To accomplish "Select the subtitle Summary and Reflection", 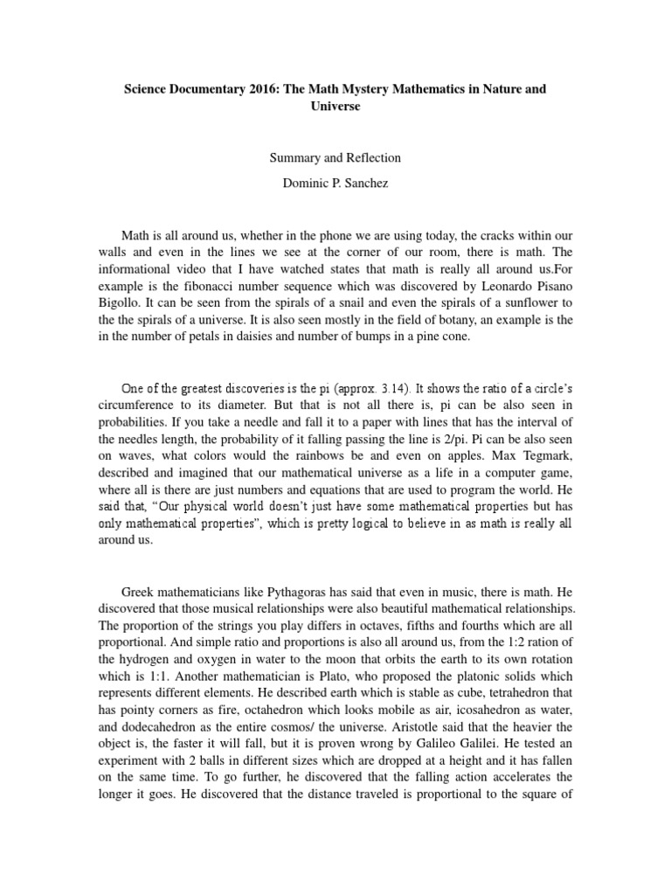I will [x=335, y=158].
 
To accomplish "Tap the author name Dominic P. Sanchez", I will [x=335, y=185].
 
